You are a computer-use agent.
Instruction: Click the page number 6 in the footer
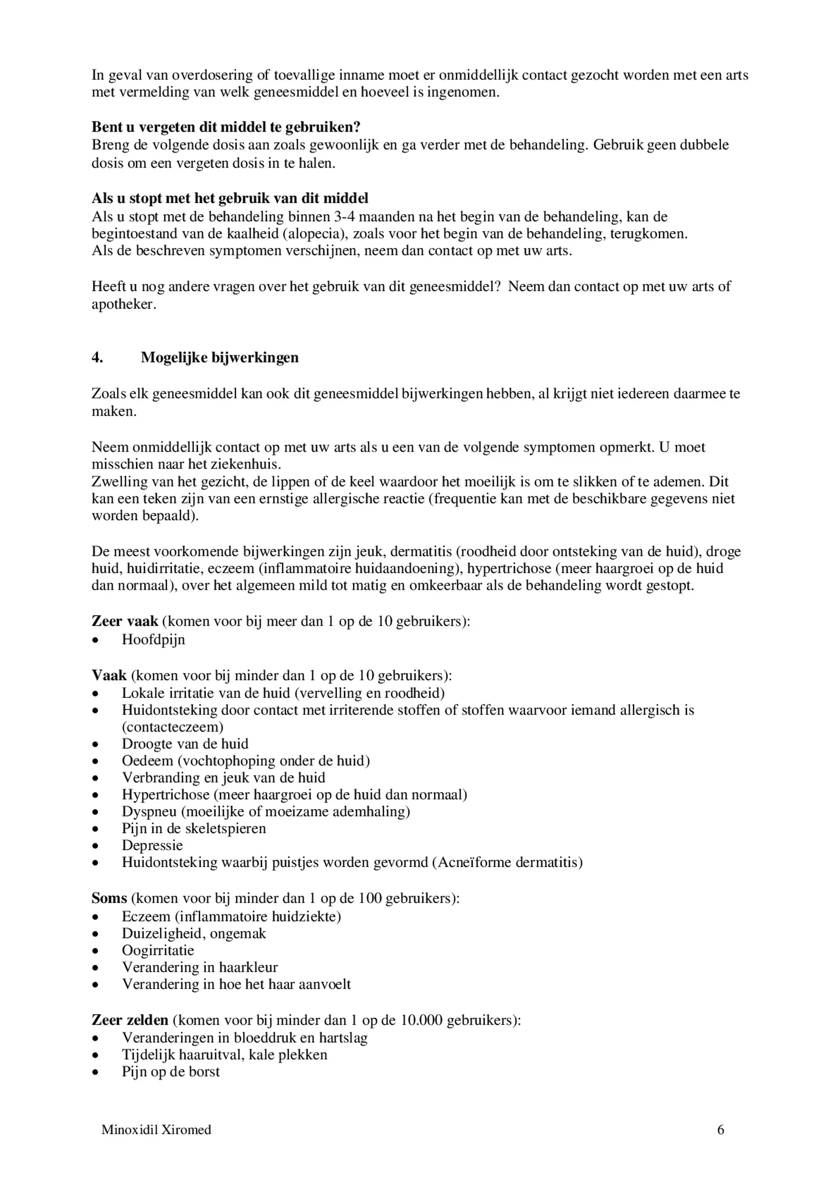pos(720,1129)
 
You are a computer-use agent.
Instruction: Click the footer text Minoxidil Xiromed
pos(156,1129)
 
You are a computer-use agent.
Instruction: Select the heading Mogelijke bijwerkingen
pos(219,358)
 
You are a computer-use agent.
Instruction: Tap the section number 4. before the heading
pos(97,358)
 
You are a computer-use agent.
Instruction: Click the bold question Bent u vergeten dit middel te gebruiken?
pos(226,128)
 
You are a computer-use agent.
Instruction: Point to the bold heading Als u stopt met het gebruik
pos(230,198)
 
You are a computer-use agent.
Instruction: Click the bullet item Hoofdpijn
pos(153,640)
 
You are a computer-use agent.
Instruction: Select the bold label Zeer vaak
pos(125,621)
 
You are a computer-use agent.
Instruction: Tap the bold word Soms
pos(109,898)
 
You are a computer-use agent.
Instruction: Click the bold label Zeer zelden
pos(130,1020)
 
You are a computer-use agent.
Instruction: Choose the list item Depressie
pos(152,845)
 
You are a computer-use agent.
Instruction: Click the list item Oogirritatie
pos(158,950)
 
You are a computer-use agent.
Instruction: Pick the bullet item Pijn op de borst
pos(171,1072)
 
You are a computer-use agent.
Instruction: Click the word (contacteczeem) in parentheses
pos(173,726)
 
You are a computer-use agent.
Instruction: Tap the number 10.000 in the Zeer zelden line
pos(422,1020)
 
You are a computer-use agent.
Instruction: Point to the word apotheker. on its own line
pos(124,304)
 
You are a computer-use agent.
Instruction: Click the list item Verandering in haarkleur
pos(200,967)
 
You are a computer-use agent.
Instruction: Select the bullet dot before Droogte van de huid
pos(97,744)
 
